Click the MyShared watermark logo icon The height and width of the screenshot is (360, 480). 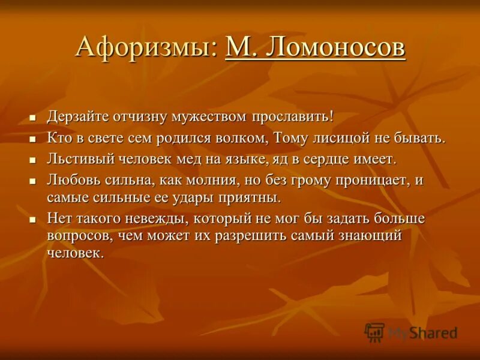pos(374,332)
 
